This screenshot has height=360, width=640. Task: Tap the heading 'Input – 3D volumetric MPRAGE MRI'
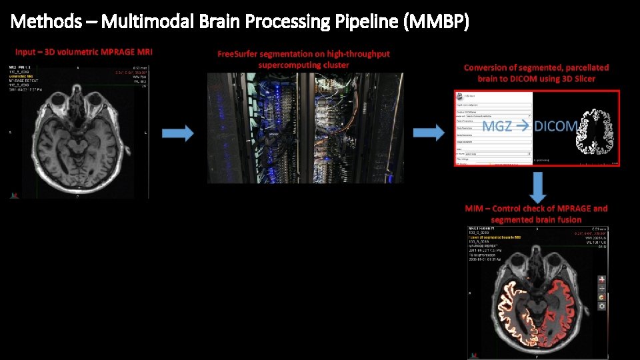coord(83,52)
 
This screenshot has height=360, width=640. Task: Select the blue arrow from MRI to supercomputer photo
coord(179,133)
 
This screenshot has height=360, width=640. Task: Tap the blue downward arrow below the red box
coord(538,187)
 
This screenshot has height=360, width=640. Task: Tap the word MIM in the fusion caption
coord(474,209)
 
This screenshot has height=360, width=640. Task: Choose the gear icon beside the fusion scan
coord(602,306)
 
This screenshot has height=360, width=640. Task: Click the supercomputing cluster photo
coord(305,127)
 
